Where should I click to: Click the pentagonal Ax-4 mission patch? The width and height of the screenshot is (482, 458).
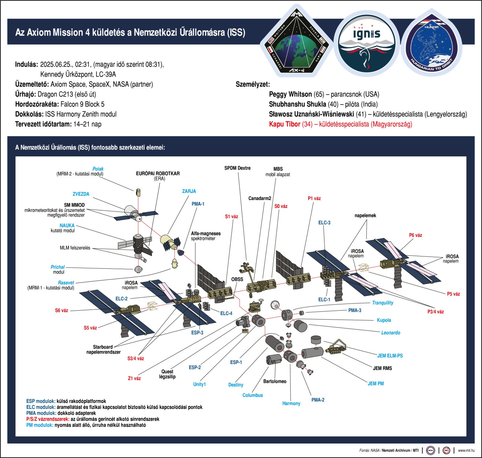(297, 42)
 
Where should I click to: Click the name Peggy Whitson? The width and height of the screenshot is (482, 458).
(290, 94)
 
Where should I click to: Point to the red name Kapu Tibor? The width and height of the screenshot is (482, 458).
(284, 124)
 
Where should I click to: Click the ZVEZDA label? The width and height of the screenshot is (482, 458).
(81, 194)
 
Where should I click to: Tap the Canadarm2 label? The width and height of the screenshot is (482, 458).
(260, 199)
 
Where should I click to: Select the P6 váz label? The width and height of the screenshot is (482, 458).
(415, 235)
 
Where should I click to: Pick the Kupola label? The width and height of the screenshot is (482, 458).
(384, 320)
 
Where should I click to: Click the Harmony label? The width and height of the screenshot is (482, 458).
(291, 403)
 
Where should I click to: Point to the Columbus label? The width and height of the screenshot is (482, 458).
(252, 395)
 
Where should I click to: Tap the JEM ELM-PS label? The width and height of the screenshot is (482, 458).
(390, 356)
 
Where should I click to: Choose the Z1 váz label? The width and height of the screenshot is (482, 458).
(134, 379)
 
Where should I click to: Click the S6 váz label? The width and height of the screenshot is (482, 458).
(62, 311)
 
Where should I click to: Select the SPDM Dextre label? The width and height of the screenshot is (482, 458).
(237, 168)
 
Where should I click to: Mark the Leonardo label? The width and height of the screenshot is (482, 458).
(390, 333)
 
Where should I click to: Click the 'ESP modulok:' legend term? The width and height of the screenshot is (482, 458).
(41, 401)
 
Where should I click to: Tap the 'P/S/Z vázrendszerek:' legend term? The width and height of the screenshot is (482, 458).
(48, 419)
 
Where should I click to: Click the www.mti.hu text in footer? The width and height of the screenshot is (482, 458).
(466, 451)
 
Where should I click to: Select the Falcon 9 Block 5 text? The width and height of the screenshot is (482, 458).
(82, 104)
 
